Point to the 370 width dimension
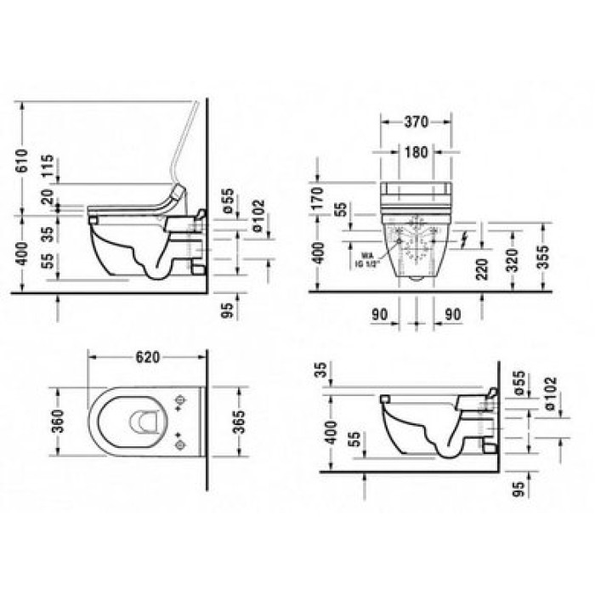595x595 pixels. click(416, 122)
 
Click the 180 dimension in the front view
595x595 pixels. click(416, 152)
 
